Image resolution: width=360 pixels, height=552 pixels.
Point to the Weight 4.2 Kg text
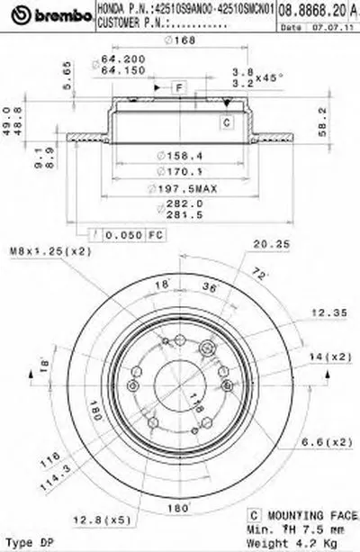(x=285, y=543)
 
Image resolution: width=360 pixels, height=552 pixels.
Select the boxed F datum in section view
(x=179, y=86)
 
